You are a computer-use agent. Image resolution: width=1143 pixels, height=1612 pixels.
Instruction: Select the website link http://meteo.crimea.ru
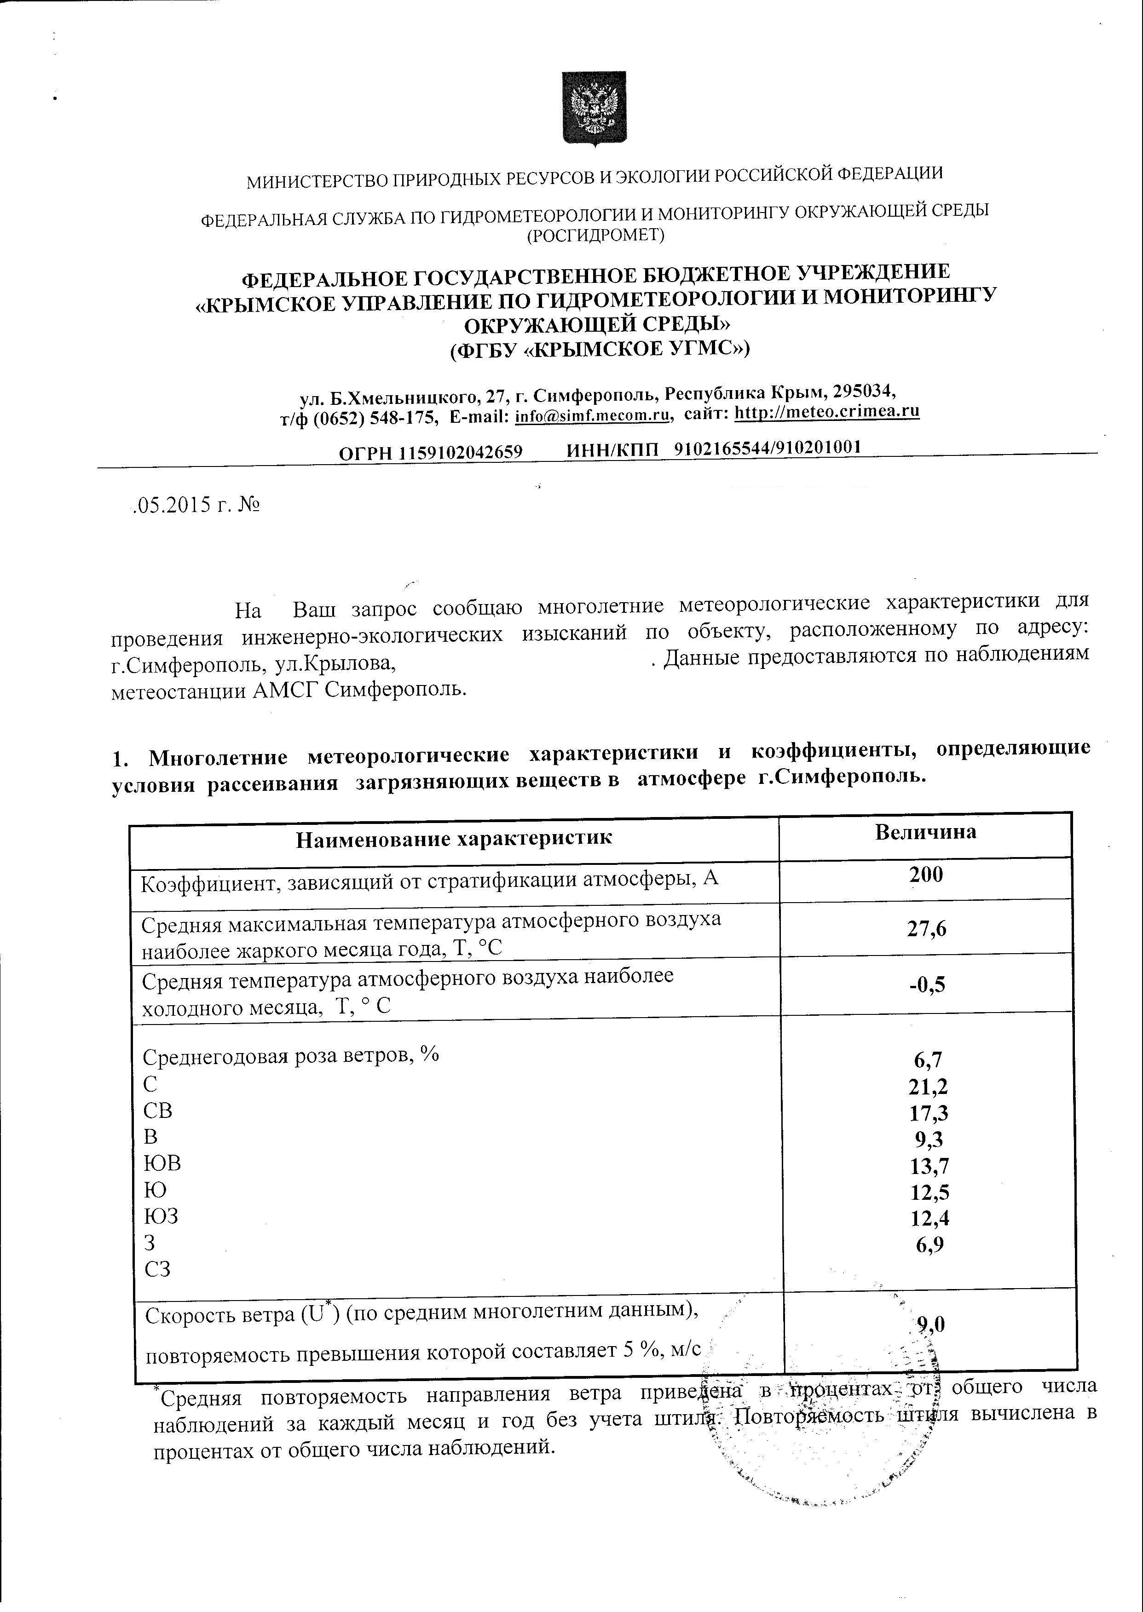tap(827, 411)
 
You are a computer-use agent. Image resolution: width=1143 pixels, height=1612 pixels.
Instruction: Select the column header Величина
tap(925, 832)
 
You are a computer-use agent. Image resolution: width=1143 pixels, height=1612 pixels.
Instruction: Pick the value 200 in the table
tap(925, 875)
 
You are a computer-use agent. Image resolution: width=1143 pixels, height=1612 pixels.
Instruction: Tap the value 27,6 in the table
tap(927, 929)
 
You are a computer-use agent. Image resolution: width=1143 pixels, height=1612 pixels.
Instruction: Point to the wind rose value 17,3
tap(928, 1113)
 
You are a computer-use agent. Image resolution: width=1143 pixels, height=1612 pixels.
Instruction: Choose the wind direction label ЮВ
tap(162, 1163)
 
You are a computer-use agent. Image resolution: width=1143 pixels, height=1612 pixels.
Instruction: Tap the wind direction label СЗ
tap(158, 1269)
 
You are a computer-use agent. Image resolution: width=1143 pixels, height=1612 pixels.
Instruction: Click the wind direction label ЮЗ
tap(161, 1216)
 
